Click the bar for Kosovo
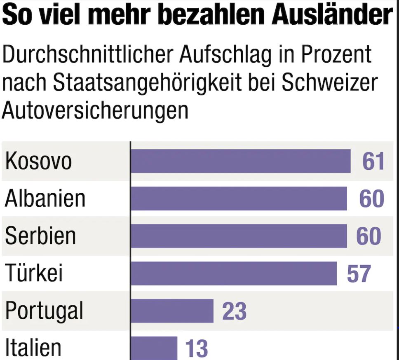(x=240, y=161)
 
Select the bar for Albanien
(x=239, y=199)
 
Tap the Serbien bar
(x=239, y=236)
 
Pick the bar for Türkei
(x=234, y=274)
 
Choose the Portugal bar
(x=172, y=311)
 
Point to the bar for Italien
(x=154, y=348)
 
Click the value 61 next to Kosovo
(x=373, y=161)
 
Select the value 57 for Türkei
(x=359, y=274)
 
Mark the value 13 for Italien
(x=196, y=348)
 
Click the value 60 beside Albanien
(x=371, y=199)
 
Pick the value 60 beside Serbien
(x=368, y=236)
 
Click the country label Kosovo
(x=38, y=161)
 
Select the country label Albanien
(x=45, y=199)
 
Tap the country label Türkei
(x=34, y=273)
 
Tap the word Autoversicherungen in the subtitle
(x=95, y=110)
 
